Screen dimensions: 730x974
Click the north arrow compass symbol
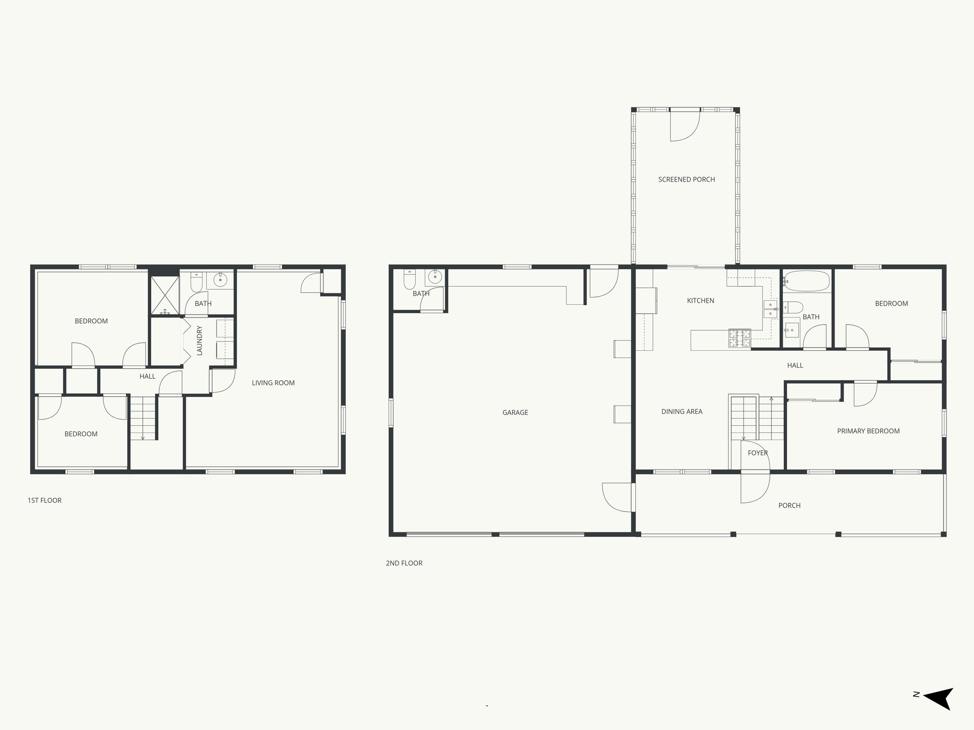(937, 711)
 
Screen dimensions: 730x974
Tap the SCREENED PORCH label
(686, 180)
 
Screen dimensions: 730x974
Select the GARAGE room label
(515, 413)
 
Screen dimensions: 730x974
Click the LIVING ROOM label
(273, 383)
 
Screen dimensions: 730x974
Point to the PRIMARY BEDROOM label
(868, 431)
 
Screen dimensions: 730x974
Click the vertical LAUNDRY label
(199, 340)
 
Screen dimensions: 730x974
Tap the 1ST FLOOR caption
(45, 500)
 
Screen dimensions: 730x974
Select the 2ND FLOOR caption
(404, 563)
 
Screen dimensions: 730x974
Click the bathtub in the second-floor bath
(807, 281)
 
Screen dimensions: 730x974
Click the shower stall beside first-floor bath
(165, 296)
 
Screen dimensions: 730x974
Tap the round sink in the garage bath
(435, 277)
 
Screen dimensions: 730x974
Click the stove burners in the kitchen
(740, 338)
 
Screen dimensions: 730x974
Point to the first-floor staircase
(143, 418)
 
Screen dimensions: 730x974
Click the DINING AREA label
(682, 412)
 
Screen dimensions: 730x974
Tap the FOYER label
(758, 453)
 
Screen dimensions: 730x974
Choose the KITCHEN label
(700, 300)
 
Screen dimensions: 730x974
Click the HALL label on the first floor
(147, 376)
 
